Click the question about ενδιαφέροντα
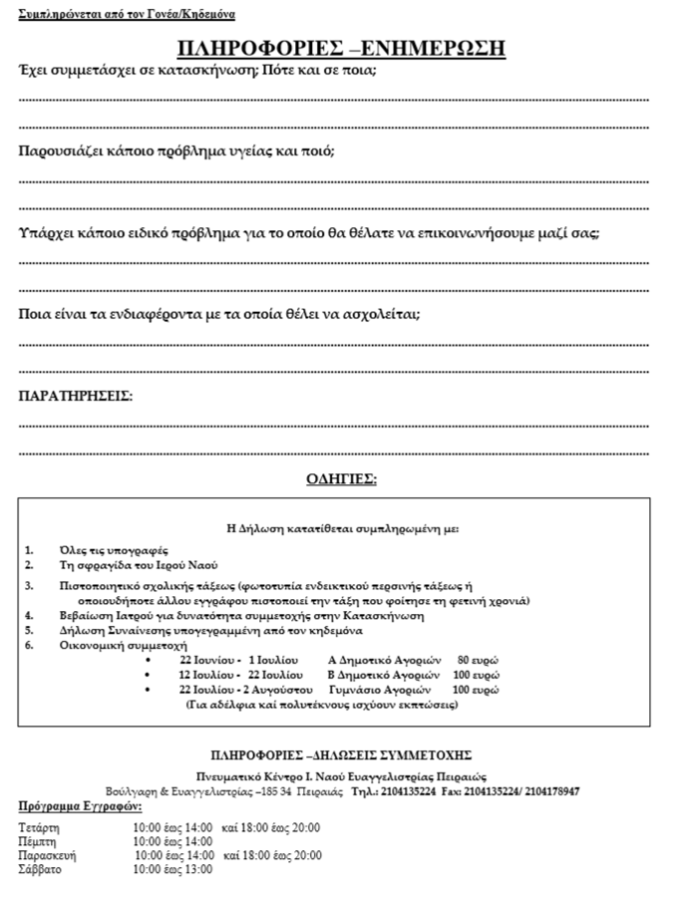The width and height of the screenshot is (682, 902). click(x=219, y=314)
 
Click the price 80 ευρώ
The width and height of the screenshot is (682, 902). click(x=478, y=660)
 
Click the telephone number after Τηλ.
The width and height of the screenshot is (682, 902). click(x=405, y=791)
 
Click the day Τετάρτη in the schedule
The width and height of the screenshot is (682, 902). click(x=40, y=827)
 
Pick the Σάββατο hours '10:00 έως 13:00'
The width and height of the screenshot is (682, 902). click(x=172, y=869)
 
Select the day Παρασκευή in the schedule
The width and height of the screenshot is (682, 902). click(x=48, y=855)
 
